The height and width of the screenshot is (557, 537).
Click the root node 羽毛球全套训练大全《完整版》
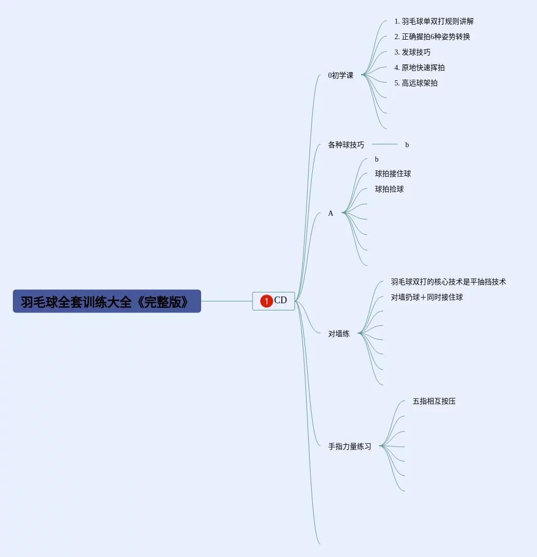(x=106, y=302)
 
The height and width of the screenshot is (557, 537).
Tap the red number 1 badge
(x=266, y=301)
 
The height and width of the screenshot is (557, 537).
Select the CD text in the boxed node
(x=281, y=301)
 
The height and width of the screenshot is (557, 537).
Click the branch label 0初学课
(x=341, y=75)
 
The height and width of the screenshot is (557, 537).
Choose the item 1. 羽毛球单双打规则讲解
(x=434, y=22)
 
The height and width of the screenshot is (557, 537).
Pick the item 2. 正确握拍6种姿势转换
(x=432, y=37)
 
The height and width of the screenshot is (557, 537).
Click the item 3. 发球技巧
(x=413, y=53)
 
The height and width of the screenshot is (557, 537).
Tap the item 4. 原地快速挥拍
(x=419, y=68)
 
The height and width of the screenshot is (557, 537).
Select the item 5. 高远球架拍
(x=416, y=83)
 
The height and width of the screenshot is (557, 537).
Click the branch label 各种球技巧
(x=346, y=145)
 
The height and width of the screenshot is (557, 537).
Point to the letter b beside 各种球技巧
(x=407, y=145)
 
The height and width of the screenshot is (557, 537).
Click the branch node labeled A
(x=331, y=213)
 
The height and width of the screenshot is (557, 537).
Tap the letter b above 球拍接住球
(x=377, y=160)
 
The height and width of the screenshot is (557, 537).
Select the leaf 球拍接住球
(x=393, y=174)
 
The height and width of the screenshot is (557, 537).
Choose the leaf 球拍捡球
(x=389, y=189)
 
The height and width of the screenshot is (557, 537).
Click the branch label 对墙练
(x=338, y=334)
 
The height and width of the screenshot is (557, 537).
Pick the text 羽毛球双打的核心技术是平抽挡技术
(x=448, y=282)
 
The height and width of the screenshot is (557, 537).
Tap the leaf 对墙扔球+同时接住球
(x=427, y=298)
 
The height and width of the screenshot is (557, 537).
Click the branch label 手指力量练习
(x=350, y=447)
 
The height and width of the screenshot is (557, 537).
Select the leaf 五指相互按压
(x=434, y=402)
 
